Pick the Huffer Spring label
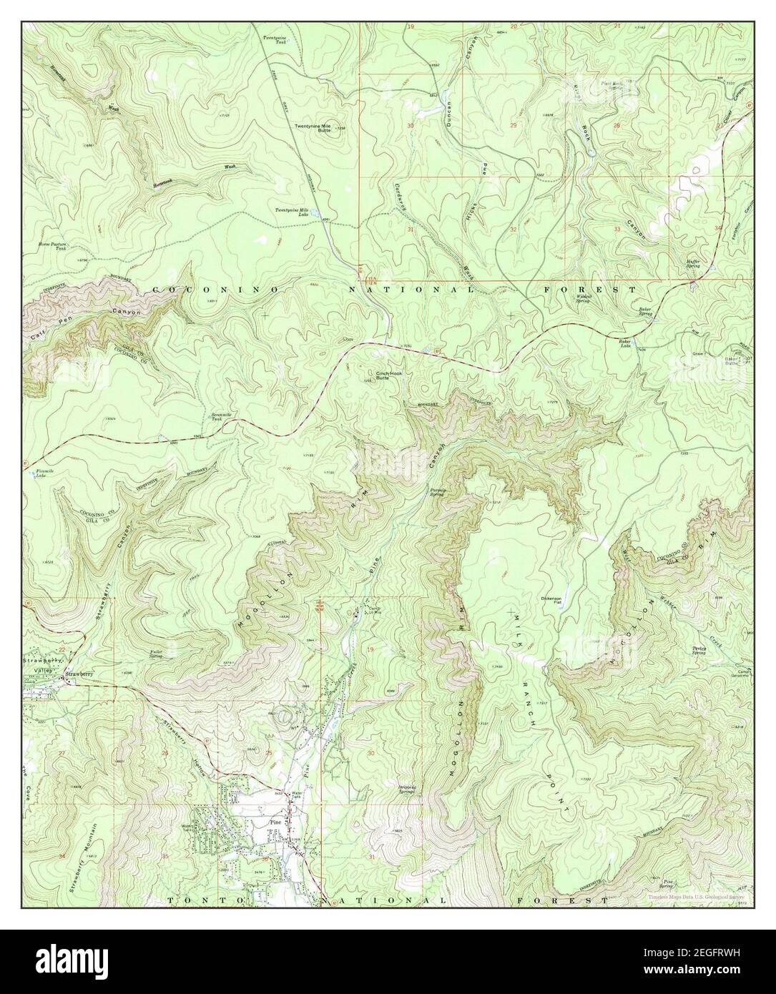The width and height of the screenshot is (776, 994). coord(693,264)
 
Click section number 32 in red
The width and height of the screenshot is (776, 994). coord(514,229)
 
